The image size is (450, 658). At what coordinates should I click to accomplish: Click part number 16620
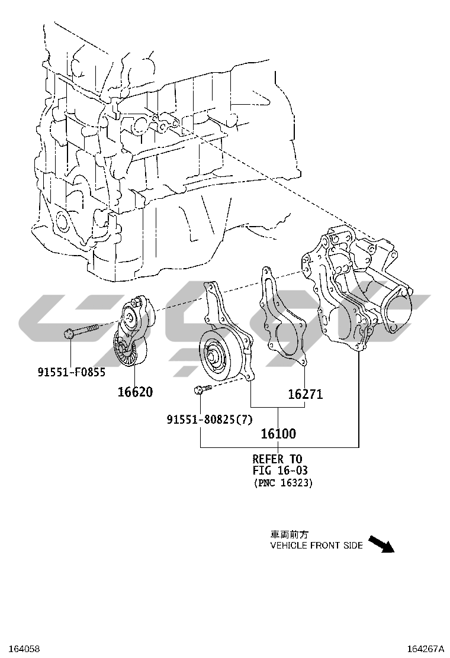click(134, 392)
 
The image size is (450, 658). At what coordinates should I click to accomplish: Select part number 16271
click(306, 394)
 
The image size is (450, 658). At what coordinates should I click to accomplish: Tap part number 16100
click(278, 434)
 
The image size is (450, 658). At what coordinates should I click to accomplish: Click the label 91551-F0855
click(72, 372)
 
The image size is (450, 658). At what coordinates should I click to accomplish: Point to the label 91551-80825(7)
click(210, 420)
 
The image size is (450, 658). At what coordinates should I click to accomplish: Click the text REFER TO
click(277, 459)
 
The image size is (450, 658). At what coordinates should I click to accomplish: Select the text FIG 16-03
click(280, 470)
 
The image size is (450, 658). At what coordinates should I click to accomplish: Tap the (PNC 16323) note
click(283, 483)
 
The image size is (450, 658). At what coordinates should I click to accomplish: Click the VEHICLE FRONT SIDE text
click(316, 545)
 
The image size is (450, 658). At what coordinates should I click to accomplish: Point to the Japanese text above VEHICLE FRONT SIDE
click(290, 534)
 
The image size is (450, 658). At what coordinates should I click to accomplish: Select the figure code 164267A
click(425, 649)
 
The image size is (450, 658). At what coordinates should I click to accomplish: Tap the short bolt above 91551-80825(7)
click(201, 389)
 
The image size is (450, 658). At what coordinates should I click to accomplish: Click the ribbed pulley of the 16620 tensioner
click(128, 354)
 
